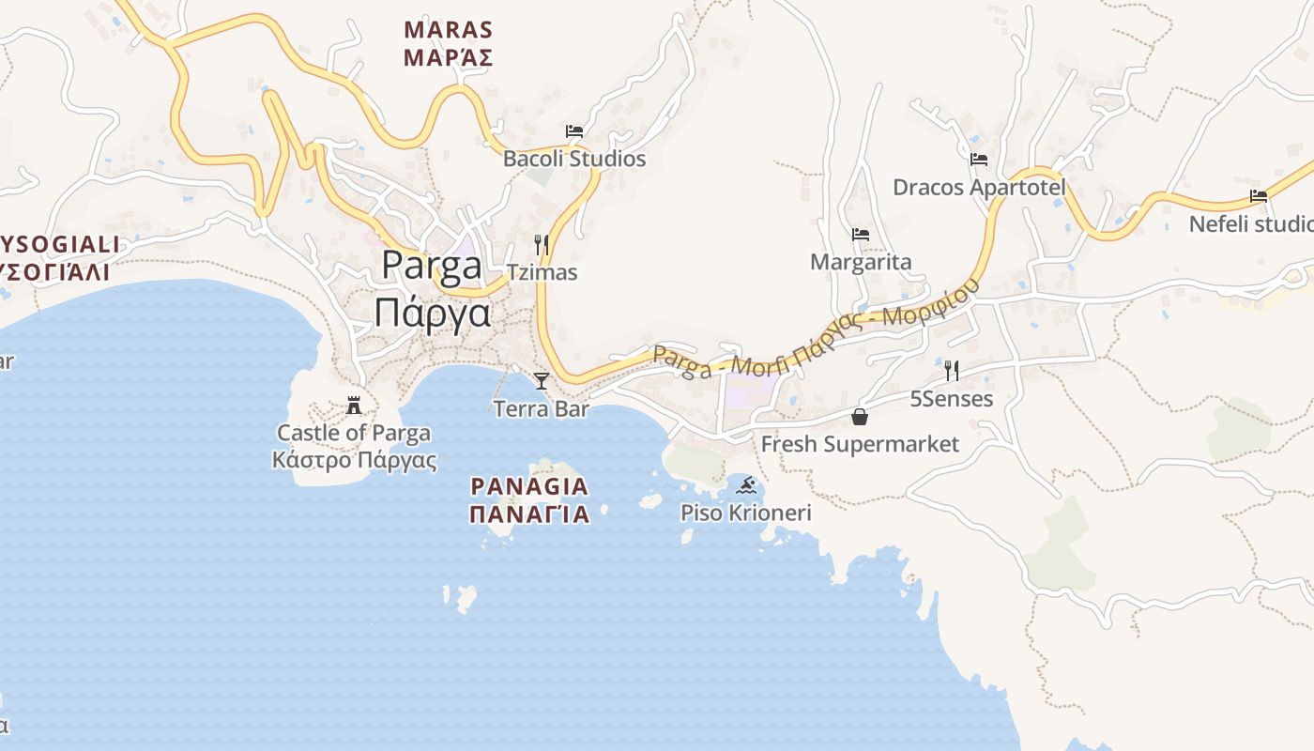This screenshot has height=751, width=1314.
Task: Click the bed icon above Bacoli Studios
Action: [573, 131]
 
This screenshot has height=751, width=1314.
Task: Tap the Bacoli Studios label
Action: [574, 159]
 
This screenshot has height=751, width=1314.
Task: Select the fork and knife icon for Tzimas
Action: [542, 245]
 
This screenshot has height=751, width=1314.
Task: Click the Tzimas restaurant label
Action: [542, 272]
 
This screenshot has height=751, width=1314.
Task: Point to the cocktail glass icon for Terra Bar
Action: [542, 380]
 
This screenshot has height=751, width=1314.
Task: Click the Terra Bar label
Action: [542, 408]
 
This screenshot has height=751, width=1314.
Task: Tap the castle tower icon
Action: [354, 406]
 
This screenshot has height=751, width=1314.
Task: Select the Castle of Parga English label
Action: [354, 433]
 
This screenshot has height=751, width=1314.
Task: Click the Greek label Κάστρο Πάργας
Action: [354, 460]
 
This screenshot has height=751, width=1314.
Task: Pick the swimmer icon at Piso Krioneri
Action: [746, 485]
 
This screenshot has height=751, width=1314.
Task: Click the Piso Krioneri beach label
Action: [746, 513]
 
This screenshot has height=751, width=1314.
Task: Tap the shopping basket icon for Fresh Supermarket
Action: [860, 417]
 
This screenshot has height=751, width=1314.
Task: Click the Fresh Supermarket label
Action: [860, 444]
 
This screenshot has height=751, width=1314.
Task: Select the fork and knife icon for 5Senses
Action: [952, 371]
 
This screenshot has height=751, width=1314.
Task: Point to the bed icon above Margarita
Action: [861, 235]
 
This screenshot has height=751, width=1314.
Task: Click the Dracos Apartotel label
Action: [979, 187]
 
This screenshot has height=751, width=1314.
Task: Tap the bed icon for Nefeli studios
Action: [1259, 196]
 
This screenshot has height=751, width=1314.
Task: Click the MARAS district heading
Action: [448, 30]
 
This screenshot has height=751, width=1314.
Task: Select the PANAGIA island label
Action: [529, 486]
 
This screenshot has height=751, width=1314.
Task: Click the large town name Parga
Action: [433, 267]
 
